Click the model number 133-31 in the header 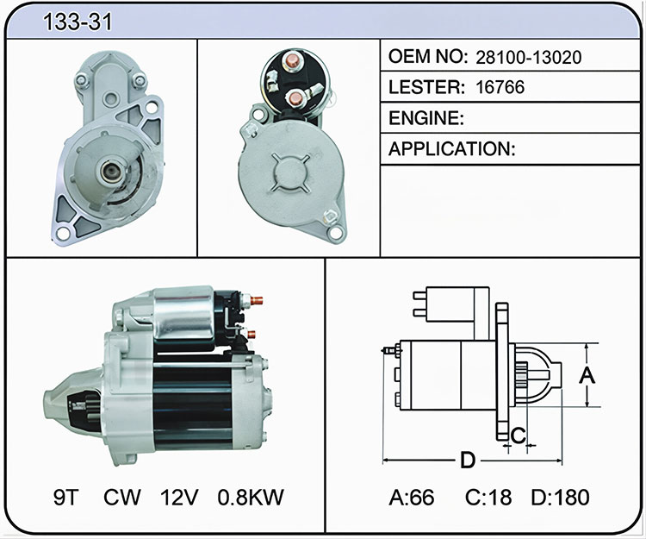78,22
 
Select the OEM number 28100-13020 529,57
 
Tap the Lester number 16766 500,87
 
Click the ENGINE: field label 426,118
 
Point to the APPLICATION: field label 452,149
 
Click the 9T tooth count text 66,497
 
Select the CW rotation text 122,497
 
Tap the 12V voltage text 180,497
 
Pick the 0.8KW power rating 251,497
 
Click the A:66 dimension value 412,497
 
